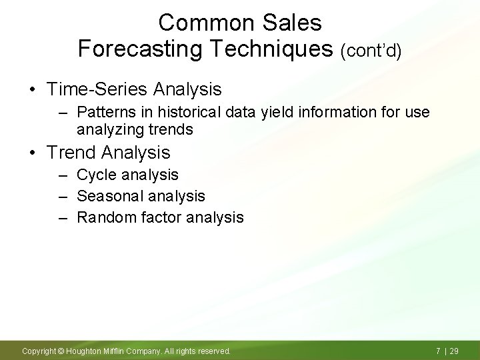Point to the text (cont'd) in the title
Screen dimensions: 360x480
click(x=371, y=51)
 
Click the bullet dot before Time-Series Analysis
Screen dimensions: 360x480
click(x=32, y=89)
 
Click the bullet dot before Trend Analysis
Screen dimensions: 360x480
click(x=32, y=153)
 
